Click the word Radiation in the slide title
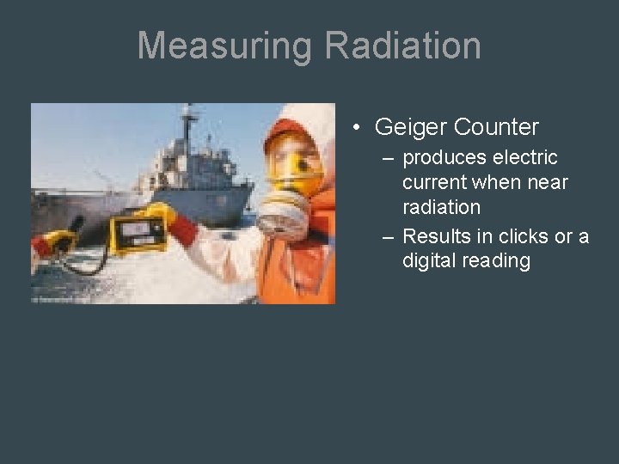pyautogui.click(x=403, y=46)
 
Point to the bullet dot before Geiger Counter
pyautogui.click(x=355, y=129)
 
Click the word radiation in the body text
pyautogui.click(x=441, y=208)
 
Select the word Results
pyautogui.click(x=436, y=235)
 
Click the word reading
pyautogui.click(x=496, y=260)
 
